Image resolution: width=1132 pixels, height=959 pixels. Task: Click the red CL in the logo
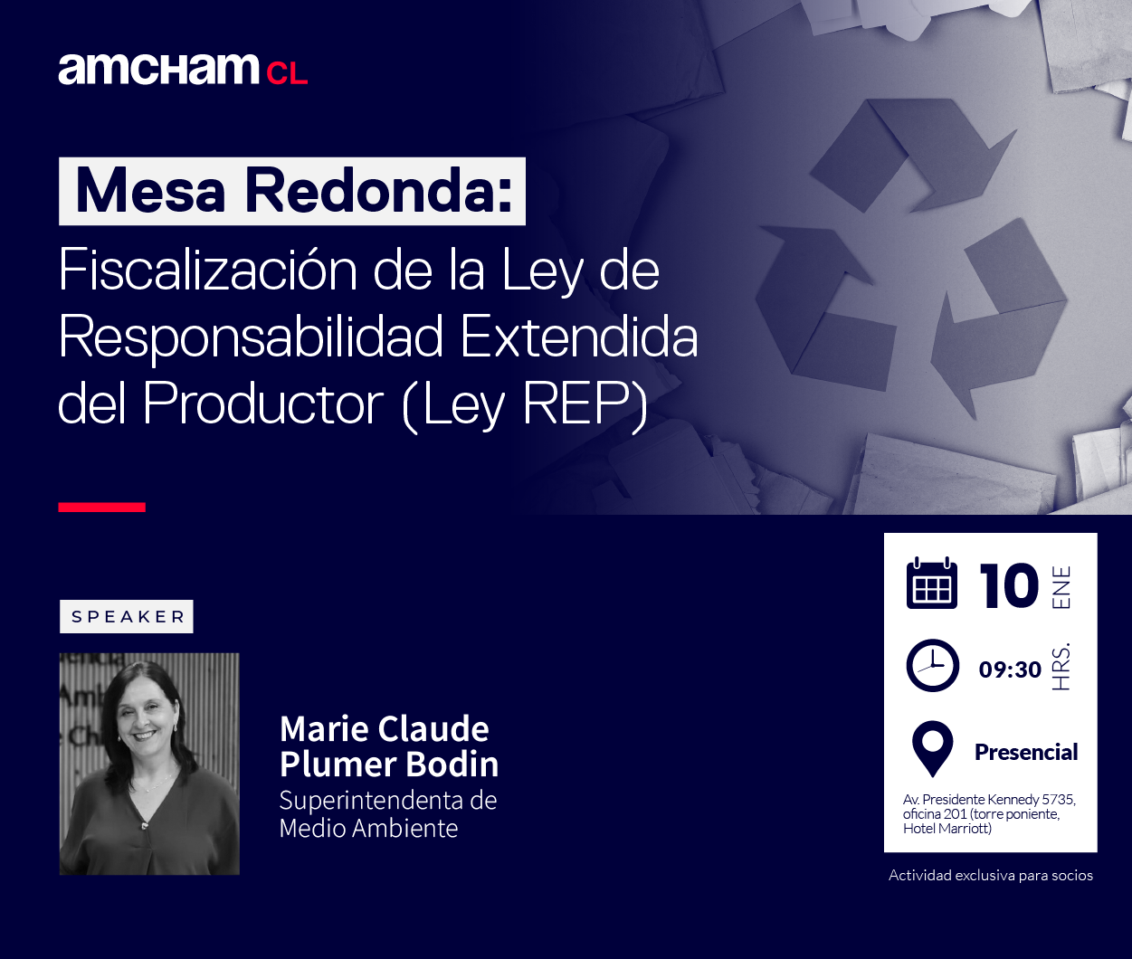(287, 73)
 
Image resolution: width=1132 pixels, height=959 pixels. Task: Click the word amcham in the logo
(159, 69)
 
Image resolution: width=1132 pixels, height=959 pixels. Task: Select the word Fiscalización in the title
(207, 269)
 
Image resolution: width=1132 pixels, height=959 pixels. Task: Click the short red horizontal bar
(102, 508)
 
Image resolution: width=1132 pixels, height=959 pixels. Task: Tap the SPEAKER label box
(127, 617)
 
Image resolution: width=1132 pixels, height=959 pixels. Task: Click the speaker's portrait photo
(149, 764)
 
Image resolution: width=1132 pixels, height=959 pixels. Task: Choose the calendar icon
(931, 584)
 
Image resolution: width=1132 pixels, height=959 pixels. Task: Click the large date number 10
(1009, 585)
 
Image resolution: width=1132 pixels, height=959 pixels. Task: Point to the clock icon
(933, 665)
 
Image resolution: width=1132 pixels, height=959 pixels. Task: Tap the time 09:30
(1010, 669)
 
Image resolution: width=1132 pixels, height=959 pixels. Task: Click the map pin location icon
(933, 749)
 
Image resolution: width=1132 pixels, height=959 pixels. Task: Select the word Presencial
(1026, 752)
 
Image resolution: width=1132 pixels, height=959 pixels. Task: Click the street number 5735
(1059, 800)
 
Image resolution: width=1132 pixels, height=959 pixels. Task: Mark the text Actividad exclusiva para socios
(991, 876)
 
